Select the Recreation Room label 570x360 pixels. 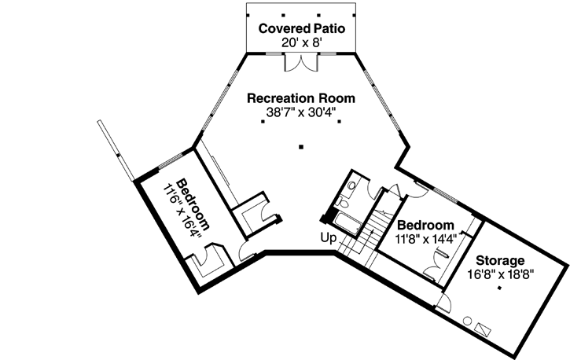pos(300,99)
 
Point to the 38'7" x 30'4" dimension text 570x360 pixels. pos(300,113)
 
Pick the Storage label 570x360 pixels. pos(498,260)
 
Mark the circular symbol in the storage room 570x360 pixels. pos(467,321)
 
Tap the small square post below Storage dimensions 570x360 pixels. pos(498,288)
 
